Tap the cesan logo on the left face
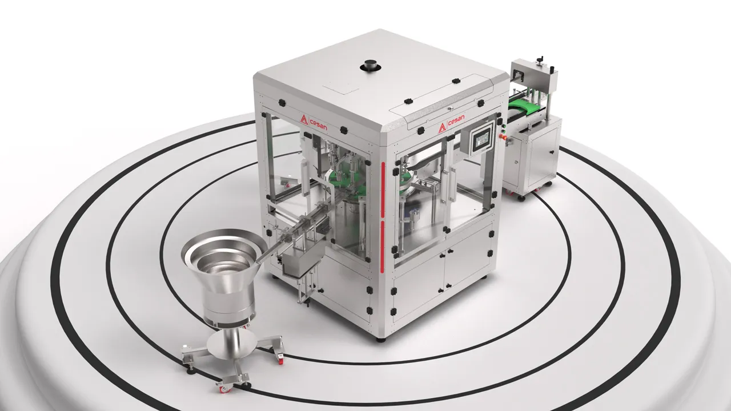314,122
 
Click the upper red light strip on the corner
383,189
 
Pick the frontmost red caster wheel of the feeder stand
226,389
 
